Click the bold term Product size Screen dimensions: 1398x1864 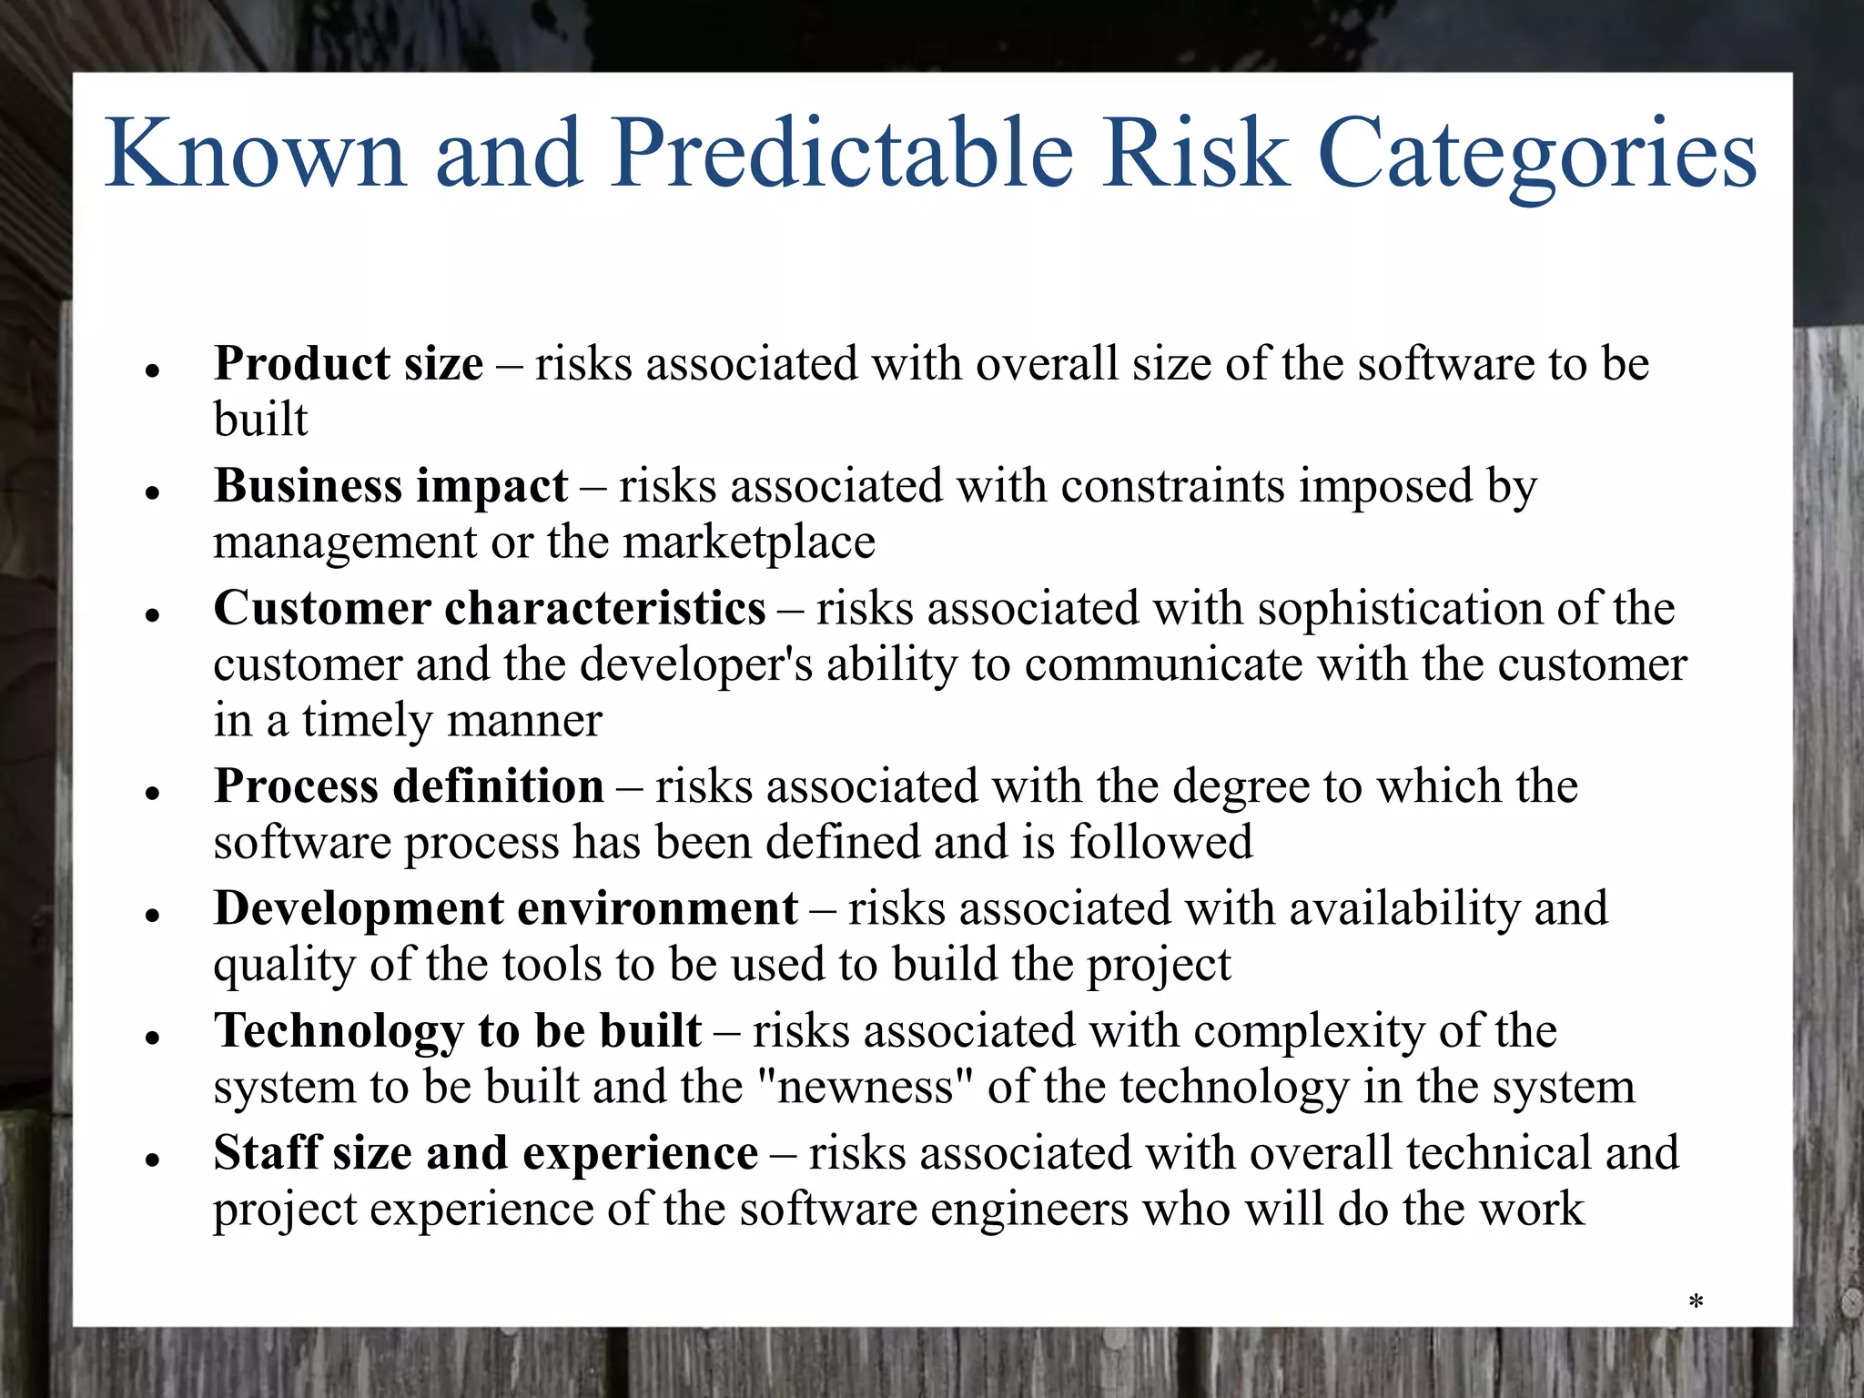(349, 364)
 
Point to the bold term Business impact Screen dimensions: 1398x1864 (390, 486)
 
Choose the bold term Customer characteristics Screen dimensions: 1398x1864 (490, 608)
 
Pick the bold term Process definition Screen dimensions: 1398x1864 (409, 786)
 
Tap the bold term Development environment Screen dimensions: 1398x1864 (505, 908)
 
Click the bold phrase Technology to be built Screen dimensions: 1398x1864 (457, 1030)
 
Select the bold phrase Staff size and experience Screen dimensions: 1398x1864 (485, 1153)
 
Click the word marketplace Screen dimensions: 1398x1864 (748, 542)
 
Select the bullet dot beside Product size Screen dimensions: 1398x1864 (153, 370)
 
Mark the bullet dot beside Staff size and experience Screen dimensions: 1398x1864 (153, 1160)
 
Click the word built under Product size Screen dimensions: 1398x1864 (260, 420)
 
